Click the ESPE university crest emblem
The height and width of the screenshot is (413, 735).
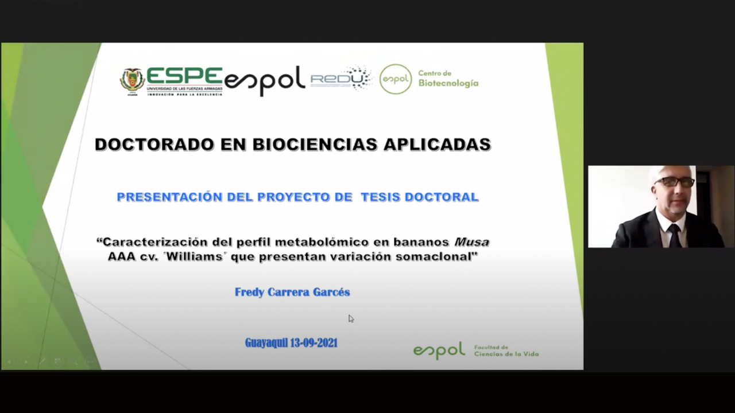pos(132,81)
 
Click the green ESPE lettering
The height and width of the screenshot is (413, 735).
pos(184,76)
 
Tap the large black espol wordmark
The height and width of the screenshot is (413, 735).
pos(265,81)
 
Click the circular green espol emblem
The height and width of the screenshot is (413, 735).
pos(396,79)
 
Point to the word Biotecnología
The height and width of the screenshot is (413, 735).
pos(448,84)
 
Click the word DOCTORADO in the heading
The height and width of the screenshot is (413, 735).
pos(154,145)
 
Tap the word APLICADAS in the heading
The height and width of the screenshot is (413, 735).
pos(438,145)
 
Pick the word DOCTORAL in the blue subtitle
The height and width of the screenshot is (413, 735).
pos(442,197)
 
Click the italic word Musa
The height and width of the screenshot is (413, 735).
pos(471,242)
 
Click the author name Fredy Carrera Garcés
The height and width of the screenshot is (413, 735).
pos(292,292)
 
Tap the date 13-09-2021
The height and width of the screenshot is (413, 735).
pos(314,343)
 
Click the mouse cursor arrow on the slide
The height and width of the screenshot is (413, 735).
pos(351,319)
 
